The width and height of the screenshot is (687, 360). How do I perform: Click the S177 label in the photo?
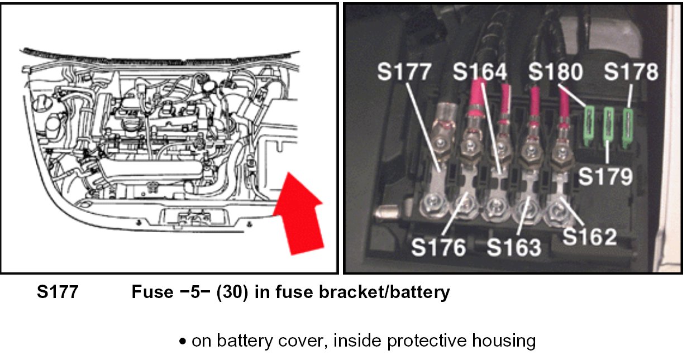404,73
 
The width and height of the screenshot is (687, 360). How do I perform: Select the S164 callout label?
480,73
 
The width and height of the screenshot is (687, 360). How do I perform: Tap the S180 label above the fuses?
556,73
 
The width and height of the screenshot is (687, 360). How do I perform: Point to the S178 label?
632,73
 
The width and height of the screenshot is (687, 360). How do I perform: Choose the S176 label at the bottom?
438,247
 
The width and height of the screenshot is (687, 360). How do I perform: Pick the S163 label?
514,247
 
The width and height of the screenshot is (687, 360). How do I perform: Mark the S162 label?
589,237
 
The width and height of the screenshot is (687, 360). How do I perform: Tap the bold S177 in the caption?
58,292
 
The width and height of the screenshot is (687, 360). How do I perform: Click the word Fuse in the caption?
151,292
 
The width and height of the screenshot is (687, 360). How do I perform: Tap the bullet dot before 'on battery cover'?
183,341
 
